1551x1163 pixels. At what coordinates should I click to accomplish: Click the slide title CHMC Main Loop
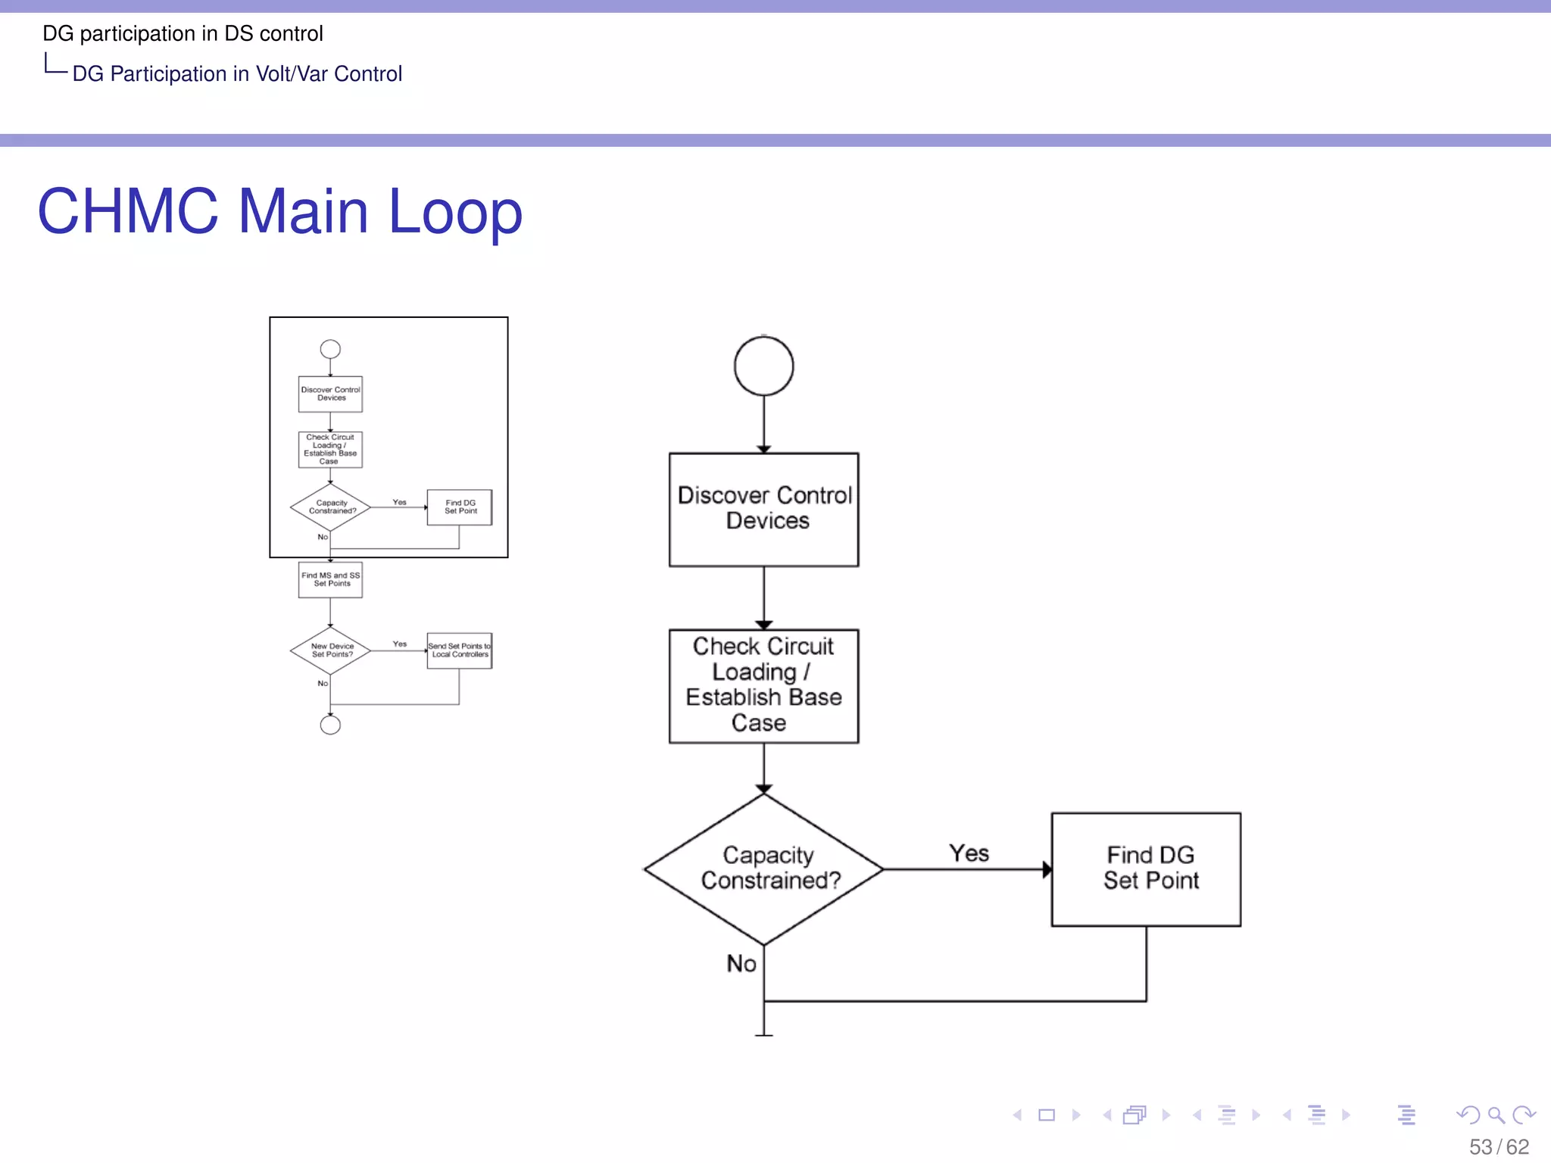pos(279,211)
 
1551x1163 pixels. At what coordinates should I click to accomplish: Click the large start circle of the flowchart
pos(763,366)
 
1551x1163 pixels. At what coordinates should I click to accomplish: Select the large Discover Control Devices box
pos(763,509)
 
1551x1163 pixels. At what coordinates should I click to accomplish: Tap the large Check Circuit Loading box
pos(763,685)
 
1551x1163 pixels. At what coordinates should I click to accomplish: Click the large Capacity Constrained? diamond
pos(763,868)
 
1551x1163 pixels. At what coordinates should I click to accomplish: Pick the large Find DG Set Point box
pos(1146,868)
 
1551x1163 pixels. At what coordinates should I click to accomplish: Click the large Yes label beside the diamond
pos(969,853)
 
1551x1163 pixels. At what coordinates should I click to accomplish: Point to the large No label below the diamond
pos(741,963)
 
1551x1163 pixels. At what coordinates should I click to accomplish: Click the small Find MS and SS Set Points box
pos(330,579)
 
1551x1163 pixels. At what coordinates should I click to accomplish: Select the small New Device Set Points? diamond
pos(330,650)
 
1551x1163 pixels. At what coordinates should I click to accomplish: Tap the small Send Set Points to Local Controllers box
pos(459,650)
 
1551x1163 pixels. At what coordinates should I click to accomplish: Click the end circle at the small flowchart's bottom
pos(330,725)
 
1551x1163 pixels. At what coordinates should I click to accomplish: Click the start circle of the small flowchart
pos(330,349)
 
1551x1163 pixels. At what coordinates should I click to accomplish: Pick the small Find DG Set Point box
pos(459,507)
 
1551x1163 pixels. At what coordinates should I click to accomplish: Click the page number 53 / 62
pos(1499,1146)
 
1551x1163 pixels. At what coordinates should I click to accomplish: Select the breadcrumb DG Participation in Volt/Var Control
pos(237,73)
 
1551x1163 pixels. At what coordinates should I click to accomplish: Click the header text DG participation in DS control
pos(183,33)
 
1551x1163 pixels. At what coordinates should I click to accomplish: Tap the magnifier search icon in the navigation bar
pos(1495,1115)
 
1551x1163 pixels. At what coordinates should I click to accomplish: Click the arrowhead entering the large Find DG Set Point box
pos(1047,869)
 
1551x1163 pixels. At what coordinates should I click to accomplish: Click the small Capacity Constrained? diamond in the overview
pos(330,507)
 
